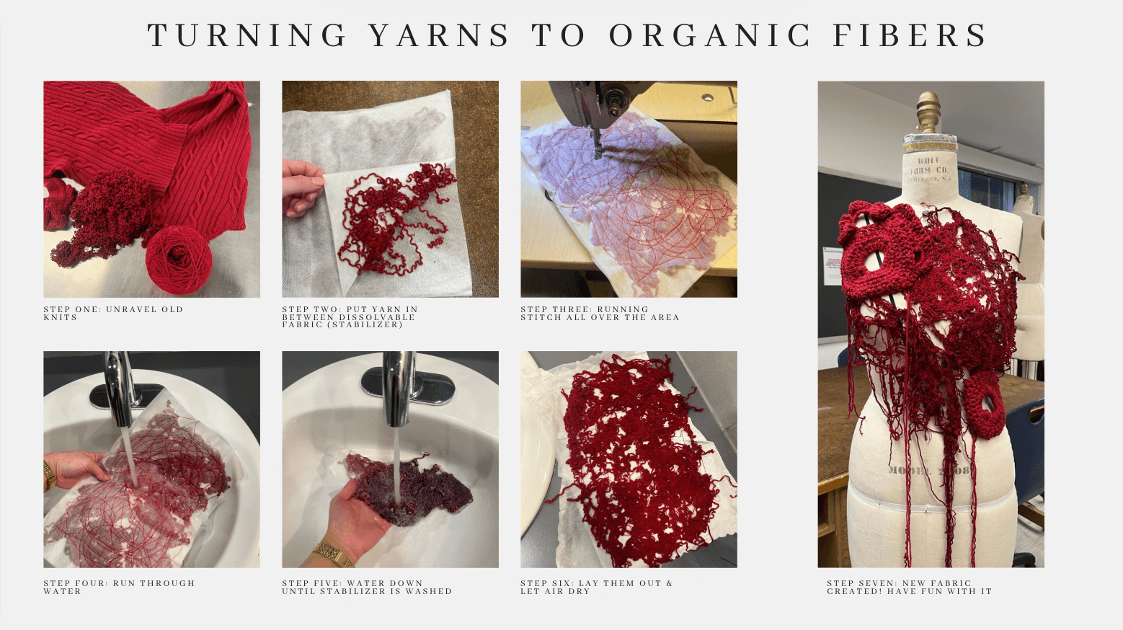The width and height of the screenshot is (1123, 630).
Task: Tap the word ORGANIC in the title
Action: pyautogui.click(x=709, y=35)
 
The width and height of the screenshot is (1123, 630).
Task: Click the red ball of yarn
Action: pyautogui.click(x=179, y=259)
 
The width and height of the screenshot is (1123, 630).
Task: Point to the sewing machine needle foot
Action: pyautogui.click(x=598, y=146)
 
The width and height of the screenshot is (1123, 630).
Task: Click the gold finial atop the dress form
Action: pyautogui.click(x=928, y=112)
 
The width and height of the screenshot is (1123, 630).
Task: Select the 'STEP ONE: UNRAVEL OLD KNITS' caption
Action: pyautogui.click(x=113, y=314)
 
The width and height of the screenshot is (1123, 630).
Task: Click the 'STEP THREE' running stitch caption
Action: pyautogui.click(x=600, y=314)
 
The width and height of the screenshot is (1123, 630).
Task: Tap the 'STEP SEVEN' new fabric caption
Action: pyautogui.click(x=910, y=587)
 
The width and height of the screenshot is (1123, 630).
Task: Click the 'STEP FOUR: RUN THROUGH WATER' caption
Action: pyautogui.click(x=119, y=587)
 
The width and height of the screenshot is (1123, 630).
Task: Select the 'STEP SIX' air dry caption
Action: pyautogui.click(x=597, y=587)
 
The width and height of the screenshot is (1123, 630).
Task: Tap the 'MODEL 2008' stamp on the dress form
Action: pyautogui.click(x=929, y=470)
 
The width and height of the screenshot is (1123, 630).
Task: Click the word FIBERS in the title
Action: pyautogui.click(x=910, y=35)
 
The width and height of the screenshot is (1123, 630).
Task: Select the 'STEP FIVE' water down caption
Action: pyautogui.click(x=367, y=587)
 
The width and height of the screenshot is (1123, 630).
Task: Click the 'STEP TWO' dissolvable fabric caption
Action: pyautogui.click(x=350, y=316)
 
